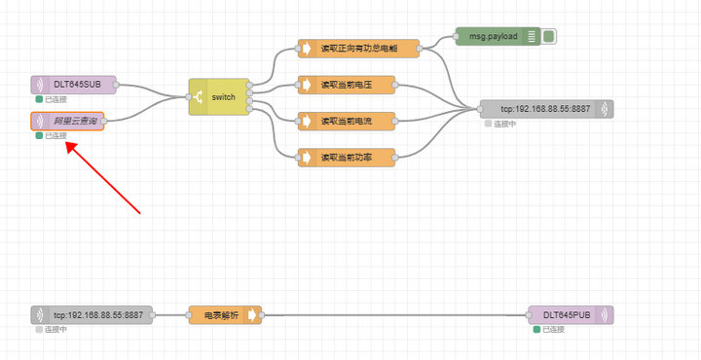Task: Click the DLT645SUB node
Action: pyautogui.click(x=73, y=85)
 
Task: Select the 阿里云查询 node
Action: pyautogui.click(x=68, y=121)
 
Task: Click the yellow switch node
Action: pyautogui.click(x=219, y=97)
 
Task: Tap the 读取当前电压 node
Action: pyautogui.click(x=347, y=85)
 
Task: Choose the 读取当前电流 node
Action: pyautogui.click(x=347, y=121)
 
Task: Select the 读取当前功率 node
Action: pyautogui.click(x=347, y=157)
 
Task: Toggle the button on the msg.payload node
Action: pyautogui.click(x=549, y=37)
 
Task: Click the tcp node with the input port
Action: pyautogui.click(x=546, y=109)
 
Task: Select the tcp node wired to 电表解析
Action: pyautogui.click(x=92, y=314)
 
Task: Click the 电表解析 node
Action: pyautogui.click(x=225, y=314)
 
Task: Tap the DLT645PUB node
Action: pyautogui.click(x=571, y=314)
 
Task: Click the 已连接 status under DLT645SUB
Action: pyautogui.click(x=54, y=99)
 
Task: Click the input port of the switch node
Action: pyautogui.click(x=189, y=97)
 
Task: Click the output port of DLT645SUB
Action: pyautogui.click(x=115, y=85)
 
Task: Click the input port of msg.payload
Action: pyautogui.click(x=456, y=37)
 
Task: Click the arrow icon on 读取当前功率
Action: pyautogui.click(x=307, y=157)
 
